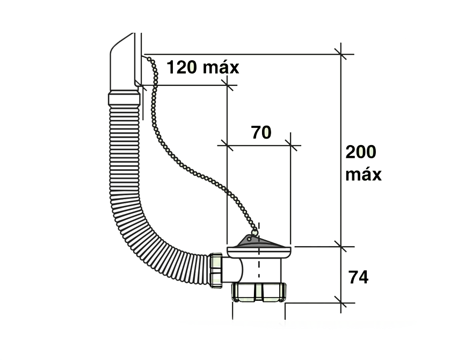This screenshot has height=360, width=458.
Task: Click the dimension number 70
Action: point(261,132)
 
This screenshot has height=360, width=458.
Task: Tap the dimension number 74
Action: point(358,277)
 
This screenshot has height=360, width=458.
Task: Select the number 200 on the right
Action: point(361,152)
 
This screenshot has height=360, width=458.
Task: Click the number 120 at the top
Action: point(181,67)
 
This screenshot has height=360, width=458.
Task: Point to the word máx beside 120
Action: point(221,67)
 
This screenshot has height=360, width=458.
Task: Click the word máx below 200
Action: point(364,175)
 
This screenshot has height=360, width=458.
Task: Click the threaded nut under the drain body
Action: point(259,292)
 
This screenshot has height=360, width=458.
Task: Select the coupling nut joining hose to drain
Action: point(216,271)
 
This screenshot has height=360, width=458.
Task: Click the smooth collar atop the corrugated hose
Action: point(124,99)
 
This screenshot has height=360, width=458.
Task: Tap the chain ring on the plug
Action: point(255,232)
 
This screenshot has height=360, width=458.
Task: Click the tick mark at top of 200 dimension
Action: point(341,54)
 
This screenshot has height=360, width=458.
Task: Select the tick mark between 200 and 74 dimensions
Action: point(341,247)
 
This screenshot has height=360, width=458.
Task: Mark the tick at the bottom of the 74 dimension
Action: point(341,303)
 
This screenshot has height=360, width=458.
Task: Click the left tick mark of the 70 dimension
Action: point(227,145)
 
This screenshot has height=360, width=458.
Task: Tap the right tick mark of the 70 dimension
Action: point(290,145)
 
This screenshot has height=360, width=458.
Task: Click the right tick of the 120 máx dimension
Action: point(227,85)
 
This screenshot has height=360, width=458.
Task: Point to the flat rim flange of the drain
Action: point(259,250)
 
